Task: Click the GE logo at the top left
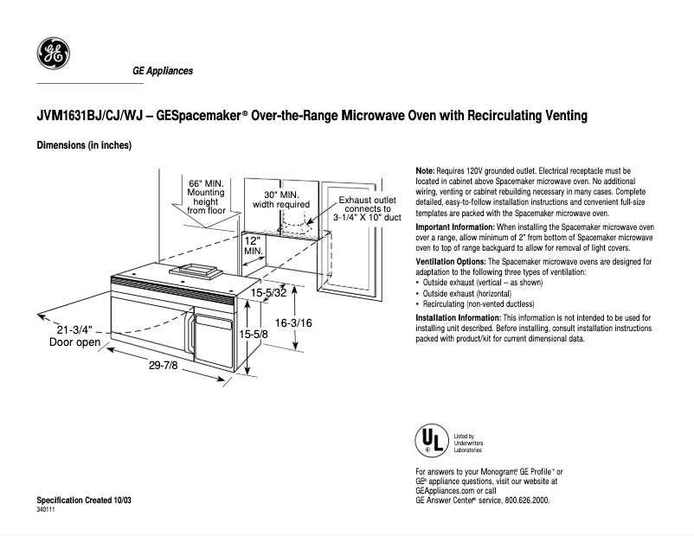click(x=54, y=55)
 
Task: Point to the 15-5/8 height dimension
click(x=253, y=333)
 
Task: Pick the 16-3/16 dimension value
click(x=292, y=322)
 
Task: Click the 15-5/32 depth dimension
click(x=268, y=293)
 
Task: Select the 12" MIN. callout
click(x=253, y=245)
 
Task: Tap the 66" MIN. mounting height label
click(x=206, y=197)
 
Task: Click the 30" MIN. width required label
click(x=280, y=200)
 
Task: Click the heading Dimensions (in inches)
click(x=83, y=145)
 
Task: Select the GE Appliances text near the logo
click(x=163, y=71)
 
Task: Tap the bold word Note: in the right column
click(x=426, y=172)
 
